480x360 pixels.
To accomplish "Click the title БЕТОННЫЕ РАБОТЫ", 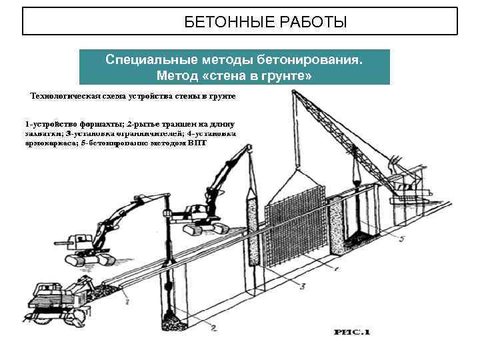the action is (265, 23).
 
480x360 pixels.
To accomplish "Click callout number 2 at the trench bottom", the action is (213, 327).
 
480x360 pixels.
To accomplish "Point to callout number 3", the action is (302, 287).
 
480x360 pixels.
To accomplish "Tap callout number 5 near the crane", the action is (402, 238).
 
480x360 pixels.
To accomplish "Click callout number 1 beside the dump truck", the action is (126, 303).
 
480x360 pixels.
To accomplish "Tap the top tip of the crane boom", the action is (293, 92).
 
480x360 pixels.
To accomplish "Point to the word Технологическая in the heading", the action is (65, 96).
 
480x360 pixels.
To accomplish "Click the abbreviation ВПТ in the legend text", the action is (198, 143).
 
